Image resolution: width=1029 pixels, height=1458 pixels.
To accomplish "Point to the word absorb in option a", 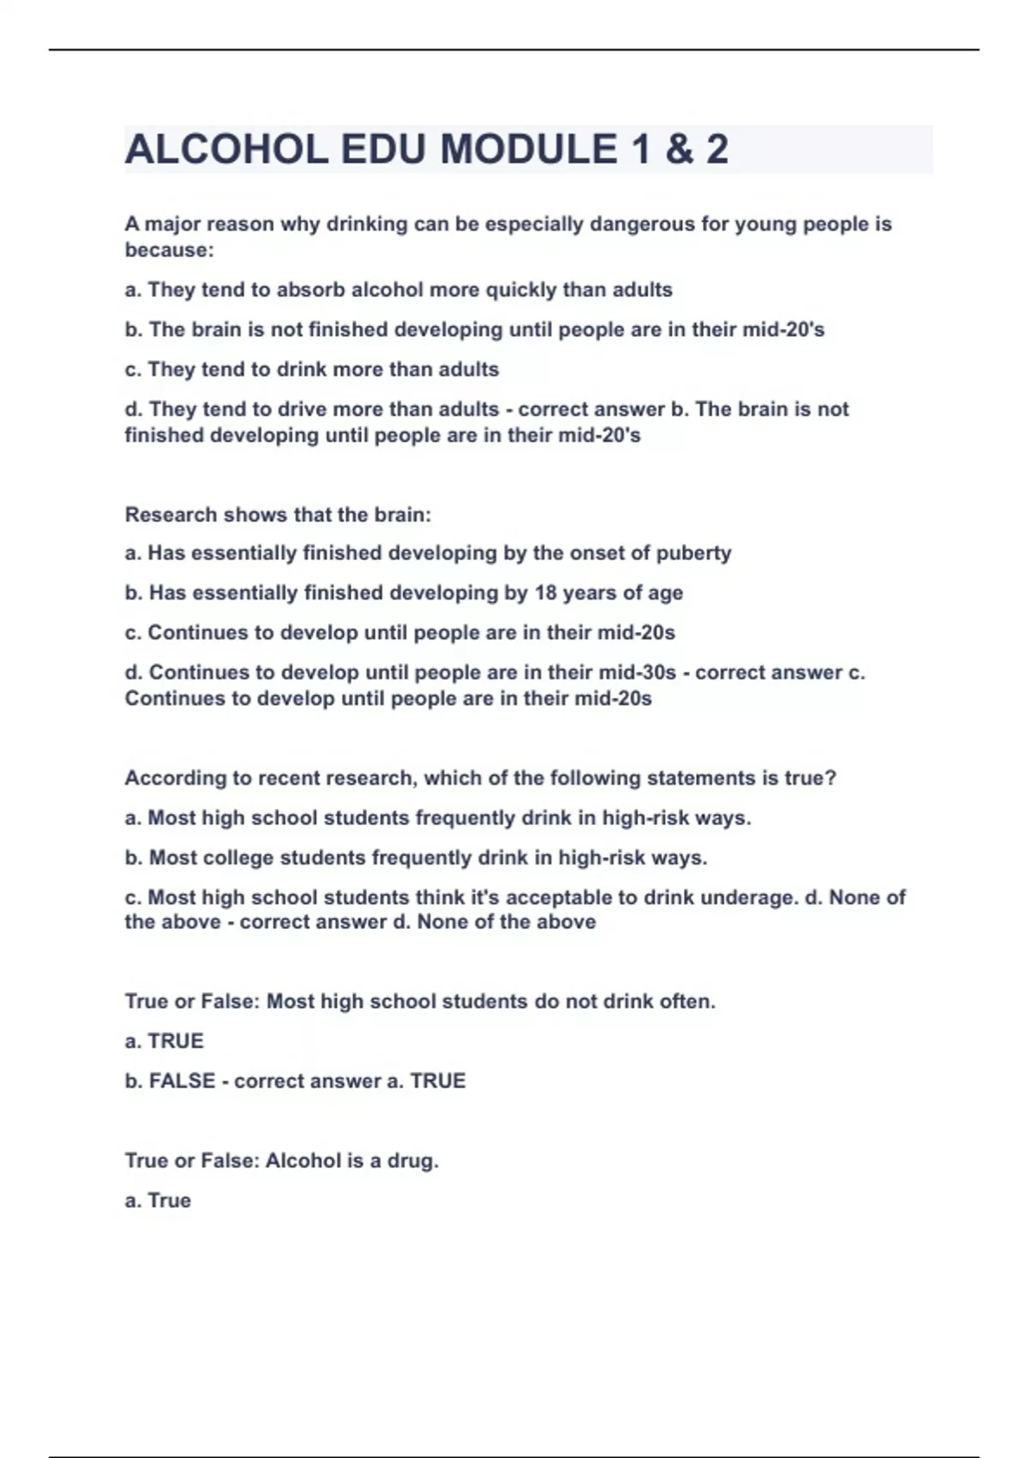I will click(310, 290).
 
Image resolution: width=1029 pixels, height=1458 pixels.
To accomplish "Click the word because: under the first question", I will click(169, 250).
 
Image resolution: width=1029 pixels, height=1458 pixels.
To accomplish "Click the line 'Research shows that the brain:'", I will click(278, 515).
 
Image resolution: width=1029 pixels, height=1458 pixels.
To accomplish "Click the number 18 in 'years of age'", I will click(546, 593).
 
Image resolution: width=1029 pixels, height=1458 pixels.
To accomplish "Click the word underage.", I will click(749, 898).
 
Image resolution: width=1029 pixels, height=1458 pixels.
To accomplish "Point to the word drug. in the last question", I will click(412, 1160).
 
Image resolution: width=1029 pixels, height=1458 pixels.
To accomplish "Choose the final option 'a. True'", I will click(158, 1201).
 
